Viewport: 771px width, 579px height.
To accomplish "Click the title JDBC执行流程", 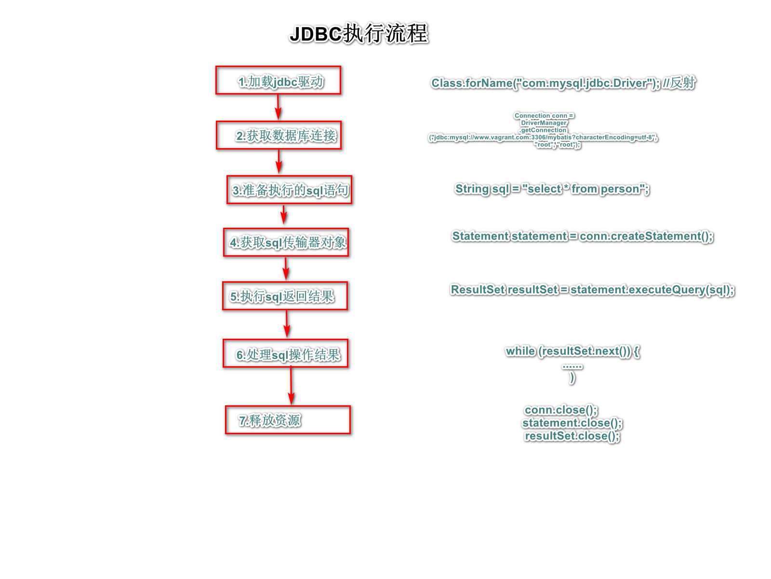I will (359, 34).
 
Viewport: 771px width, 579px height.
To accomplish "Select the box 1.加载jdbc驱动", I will (278, 80).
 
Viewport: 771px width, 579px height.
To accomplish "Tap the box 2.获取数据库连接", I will (279, 135).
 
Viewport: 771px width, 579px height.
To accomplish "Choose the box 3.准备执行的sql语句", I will (289, 190).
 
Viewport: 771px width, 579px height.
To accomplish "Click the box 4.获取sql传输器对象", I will (286, 242).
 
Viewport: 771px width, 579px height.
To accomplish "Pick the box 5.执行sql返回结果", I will (285, 296).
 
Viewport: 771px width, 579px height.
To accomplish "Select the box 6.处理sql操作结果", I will (285, 354).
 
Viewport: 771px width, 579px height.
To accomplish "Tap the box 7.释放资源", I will (288, 420).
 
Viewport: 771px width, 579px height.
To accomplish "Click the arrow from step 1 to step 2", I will (278, 107).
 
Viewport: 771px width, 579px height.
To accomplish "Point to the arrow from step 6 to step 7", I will (291, 386).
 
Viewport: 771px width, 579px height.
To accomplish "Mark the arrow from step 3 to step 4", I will (284, 215).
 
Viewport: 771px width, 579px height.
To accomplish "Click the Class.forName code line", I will (563, 83).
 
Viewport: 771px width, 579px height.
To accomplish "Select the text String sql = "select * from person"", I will (552, 189).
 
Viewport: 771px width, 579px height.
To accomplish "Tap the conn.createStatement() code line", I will (582, 236).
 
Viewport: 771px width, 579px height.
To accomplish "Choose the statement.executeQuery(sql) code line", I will (592, 289).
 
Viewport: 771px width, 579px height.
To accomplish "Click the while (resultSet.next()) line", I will (572, 351).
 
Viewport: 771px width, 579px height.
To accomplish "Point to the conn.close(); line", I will (561, 410).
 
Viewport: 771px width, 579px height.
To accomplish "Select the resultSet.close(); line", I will (572, 436).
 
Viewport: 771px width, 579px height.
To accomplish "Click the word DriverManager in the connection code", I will (544, 123).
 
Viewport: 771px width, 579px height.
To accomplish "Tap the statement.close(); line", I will (572, 423).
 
